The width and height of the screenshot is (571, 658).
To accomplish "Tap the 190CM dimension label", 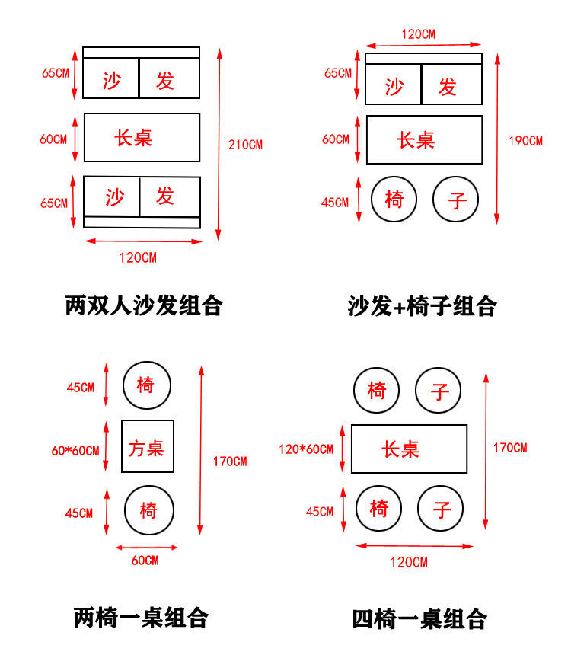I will pyautogui.click(x=525, y=141).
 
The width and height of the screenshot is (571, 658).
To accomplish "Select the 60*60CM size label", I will pyautogui.click(x=75, y=450).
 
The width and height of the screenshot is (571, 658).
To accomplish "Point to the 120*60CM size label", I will pyautogui.click(x=306, y=449).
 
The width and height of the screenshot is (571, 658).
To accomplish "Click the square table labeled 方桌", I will pyautogui.click(x=148, y=447).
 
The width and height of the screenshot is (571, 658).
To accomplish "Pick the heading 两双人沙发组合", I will pyautogui.click(x=144, y=306).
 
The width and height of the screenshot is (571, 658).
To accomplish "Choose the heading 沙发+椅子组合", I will pyautogui.click(x=423, y=306).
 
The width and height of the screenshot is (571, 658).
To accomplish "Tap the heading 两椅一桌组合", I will pyautogui.click(x=141, y=617).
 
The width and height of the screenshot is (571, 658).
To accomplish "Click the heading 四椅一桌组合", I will pyautogui.click(x=419, y=618).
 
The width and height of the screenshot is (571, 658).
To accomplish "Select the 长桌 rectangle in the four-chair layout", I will pyautogui.click(x=409, y=449).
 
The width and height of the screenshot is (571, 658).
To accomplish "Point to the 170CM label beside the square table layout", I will pyautogui.click(x=230, y=462).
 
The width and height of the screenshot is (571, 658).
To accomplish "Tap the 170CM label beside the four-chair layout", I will pyautogui.click(x=509, y=448).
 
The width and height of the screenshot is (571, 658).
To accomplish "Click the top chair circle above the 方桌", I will pyautogui.click(x=147, y=385).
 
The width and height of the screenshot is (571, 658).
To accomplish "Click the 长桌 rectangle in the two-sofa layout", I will pyautogui.click(x=142, y=138).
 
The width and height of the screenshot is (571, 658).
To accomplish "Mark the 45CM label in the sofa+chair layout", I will pyautogui.click(x=335, y=203).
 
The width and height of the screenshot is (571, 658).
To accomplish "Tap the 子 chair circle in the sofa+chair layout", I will pyautogui.click(x=457, y=200).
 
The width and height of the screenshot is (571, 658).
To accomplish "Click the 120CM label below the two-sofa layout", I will pyautogui.click(x=138, y=257).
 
